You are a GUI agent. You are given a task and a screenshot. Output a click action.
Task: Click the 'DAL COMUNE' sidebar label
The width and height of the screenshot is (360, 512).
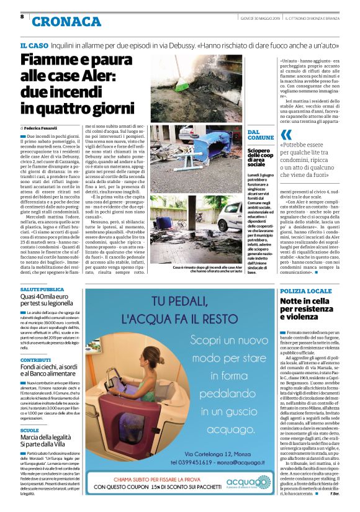(x=260, y=135)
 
